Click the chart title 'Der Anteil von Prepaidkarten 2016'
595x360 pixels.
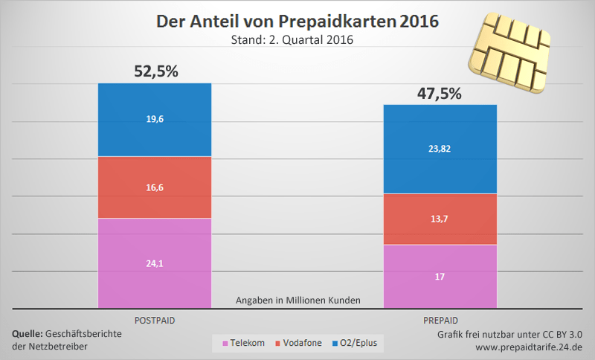pos(297,22)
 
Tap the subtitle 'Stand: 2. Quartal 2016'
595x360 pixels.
pos(297,41)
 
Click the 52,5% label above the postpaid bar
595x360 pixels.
pos(155,72)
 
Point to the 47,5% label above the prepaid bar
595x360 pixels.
pos(440,94)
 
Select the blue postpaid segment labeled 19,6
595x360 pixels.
pos(155,120)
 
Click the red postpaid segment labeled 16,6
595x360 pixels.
pos(155,187)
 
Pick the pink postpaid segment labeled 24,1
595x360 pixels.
pos(155,262)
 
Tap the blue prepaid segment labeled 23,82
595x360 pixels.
pos(440,149)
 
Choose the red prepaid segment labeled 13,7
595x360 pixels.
pos(440,219)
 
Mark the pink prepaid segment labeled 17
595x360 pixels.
pos(440,276)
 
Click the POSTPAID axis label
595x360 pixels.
pos(155,319)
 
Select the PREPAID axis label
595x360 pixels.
pos(440,319)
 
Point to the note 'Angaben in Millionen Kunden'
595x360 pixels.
pos(297,300)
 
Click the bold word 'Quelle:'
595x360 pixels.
pos(28,334)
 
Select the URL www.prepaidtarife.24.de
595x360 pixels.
pos(529,347)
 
